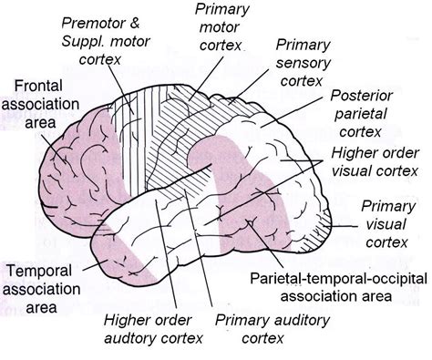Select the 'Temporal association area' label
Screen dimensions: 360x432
click(40, 288)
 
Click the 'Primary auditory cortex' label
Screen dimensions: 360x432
click(261, 330)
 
